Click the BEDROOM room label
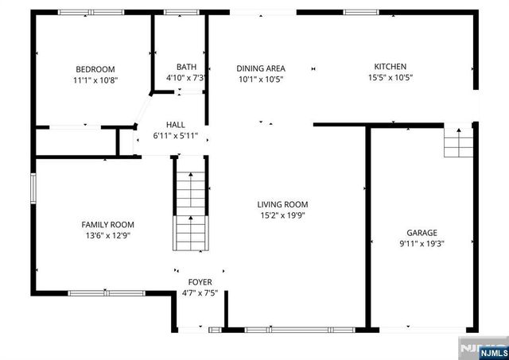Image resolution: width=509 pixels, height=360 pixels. click(95, 68)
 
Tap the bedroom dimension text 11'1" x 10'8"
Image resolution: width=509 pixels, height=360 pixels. click(95, 79)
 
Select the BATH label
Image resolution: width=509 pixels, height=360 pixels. click(186, 68)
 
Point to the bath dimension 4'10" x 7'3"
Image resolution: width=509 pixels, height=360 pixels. click(186, 79)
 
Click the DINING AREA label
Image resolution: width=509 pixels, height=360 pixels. click(261, 68)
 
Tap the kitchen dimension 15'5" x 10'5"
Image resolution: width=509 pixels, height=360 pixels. click(390, 78)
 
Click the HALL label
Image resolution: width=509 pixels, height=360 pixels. click(176, 125)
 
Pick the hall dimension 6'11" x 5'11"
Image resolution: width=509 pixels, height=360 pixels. click(176, 136)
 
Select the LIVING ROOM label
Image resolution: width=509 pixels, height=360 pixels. click(282, 204)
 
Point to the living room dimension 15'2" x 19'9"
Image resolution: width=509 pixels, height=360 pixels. click(282, 215)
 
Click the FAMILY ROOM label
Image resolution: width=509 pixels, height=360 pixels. click(107, 225)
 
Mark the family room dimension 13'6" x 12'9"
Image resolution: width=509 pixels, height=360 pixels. click(107, 236)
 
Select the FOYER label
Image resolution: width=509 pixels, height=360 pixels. click(200, 282)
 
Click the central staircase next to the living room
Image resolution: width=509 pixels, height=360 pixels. click(190, 211)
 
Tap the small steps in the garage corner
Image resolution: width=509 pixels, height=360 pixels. click(457, 143)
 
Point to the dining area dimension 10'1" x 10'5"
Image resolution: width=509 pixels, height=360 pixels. click(261, 79)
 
